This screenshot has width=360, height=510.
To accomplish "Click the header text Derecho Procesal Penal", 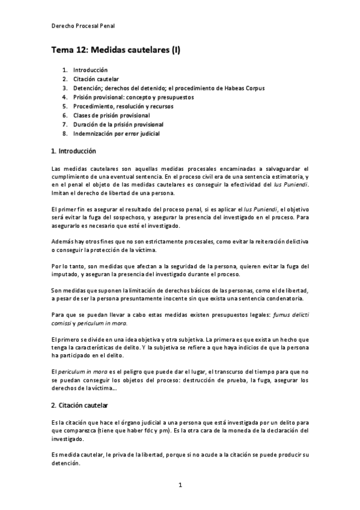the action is [x=82, y=26].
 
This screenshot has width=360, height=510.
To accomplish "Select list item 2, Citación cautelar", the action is [x=96, y=79].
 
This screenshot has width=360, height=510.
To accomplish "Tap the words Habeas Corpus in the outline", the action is [x=246, y=88].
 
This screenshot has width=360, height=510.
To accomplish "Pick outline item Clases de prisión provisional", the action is [x=112, y=115].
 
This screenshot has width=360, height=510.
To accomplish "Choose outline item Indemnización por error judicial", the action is [x=117, y=133].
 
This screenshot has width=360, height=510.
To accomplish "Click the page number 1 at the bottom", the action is [x=180, y=484].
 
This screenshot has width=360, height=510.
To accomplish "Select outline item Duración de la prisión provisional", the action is [x=118, y=124].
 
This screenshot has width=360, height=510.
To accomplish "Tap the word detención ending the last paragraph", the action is [x=65, y=465].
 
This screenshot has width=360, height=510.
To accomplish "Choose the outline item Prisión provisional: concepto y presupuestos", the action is [x=133, y=97].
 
